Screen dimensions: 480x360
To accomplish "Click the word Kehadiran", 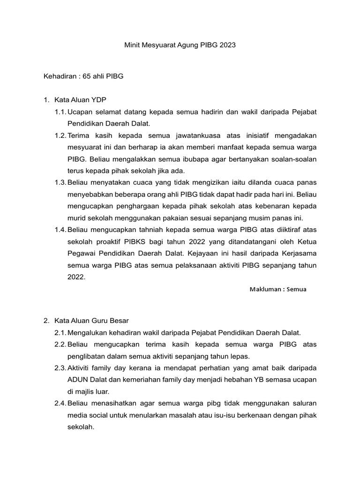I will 59,76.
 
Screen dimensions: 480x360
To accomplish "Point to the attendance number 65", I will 87,76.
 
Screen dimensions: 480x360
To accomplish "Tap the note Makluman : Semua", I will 278,289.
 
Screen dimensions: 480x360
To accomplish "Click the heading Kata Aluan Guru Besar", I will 91,321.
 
